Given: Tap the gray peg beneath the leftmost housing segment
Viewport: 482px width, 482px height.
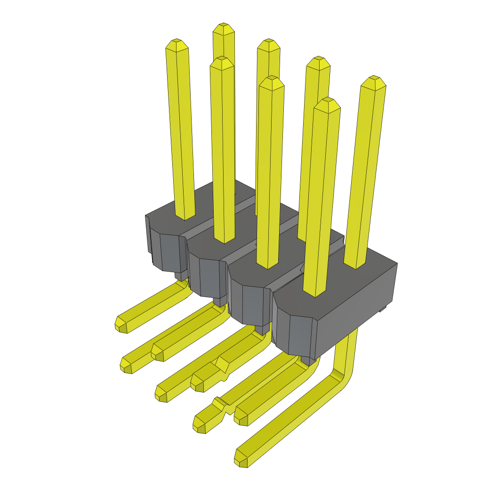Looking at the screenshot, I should (x=181, y=276).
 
